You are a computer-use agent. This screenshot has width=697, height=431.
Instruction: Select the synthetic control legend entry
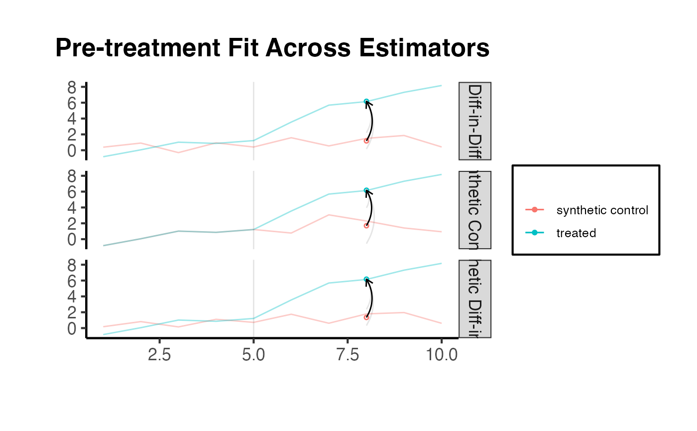[602, 210]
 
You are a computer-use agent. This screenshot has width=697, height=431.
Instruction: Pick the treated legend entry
[576, 233]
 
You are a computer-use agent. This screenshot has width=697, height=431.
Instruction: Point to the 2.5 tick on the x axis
[159, 355]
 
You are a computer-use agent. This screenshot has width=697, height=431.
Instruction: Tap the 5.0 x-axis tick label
[253, 355]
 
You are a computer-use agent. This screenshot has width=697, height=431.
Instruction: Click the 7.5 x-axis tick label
[348, 355]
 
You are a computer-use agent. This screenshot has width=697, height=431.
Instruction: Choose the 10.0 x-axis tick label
[442, 355]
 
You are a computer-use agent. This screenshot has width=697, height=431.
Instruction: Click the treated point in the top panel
[366, 102]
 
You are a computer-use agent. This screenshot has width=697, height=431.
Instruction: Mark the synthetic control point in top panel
[366, 141]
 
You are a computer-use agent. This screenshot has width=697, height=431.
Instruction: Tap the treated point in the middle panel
[366, 190]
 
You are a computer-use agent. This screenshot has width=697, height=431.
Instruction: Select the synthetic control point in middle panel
[366, 226]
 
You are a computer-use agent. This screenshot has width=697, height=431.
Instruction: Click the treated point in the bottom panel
[366, 280]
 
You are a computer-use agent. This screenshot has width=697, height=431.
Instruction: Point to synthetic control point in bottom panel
[366, 317]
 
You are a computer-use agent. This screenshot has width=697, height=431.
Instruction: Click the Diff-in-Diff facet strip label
[475, 121]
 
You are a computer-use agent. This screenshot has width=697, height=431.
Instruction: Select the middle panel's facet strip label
[475, 210]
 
